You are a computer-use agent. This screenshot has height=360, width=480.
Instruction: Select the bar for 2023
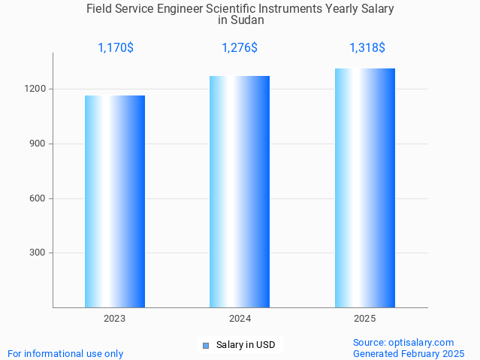coord(115,201)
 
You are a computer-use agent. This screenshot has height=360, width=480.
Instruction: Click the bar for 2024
coord(240,192)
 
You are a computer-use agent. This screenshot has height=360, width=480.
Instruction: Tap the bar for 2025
coord(365,188)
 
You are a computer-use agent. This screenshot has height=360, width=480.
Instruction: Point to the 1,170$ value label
coord(116,48)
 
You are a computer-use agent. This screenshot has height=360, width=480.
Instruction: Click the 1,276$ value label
coord(240,48)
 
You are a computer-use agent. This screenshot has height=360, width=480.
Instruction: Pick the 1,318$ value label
coord(367,48)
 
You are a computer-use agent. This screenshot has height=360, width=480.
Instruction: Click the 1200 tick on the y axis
coord(36,89)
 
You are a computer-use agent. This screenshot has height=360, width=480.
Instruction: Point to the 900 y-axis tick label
coord(38,144)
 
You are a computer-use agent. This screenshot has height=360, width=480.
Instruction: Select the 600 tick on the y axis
coord(38,198)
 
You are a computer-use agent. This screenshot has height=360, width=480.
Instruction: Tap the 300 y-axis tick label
coord(38,253)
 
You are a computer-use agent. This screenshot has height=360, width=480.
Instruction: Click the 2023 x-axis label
coord(115,319)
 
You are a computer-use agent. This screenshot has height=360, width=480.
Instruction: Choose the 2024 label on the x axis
coord(240,319)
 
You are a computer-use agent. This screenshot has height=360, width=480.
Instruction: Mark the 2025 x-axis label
coord(365,319)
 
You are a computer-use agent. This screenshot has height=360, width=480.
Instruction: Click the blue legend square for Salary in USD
coord(205,346)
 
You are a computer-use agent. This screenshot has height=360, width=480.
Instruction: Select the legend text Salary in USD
coord(246,346)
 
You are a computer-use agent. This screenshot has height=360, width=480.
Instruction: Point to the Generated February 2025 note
coord(409,353)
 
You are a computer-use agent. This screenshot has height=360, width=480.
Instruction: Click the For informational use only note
coord(65,353)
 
